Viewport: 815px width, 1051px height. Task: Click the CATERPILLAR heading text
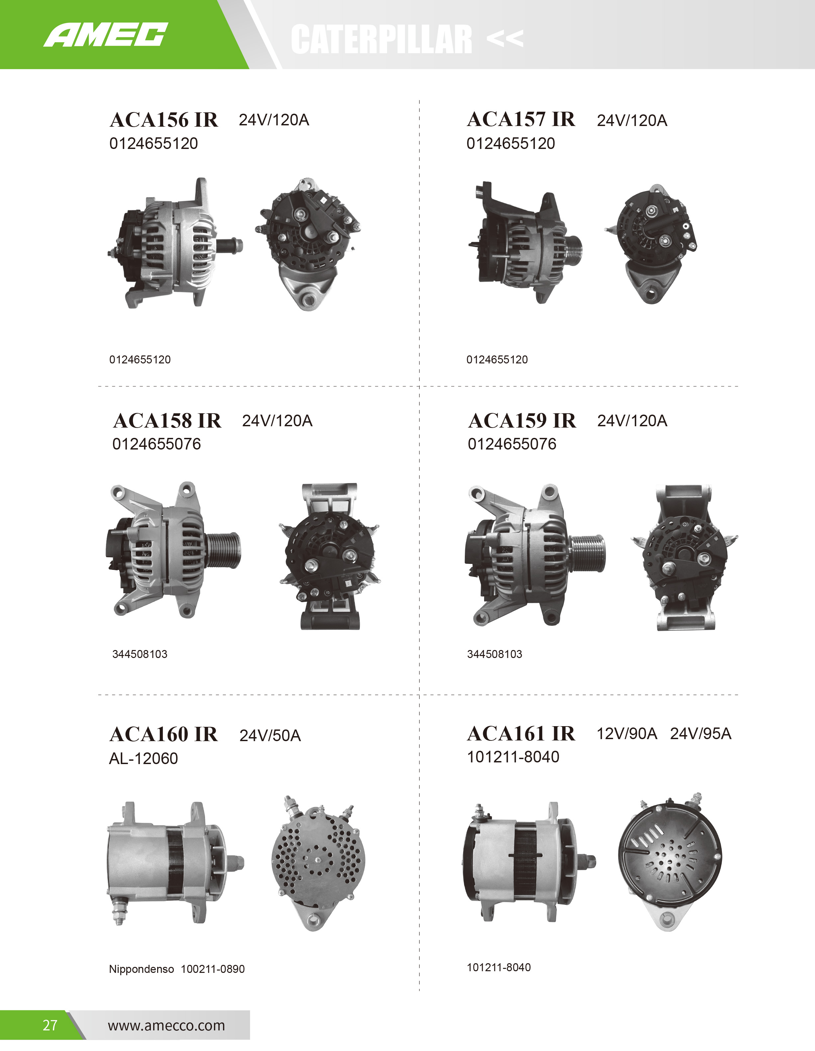(381, 40)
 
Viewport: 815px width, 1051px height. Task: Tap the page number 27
(50, 1025)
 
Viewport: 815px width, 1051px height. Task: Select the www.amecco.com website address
(166, 1025)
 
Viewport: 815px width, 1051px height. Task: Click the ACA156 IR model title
(164, 120)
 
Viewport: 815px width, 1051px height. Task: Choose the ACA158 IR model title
(167, 421)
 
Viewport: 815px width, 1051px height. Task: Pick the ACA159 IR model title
(522, 421)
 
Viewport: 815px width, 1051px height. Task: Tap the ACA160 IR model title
(164, 734)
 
